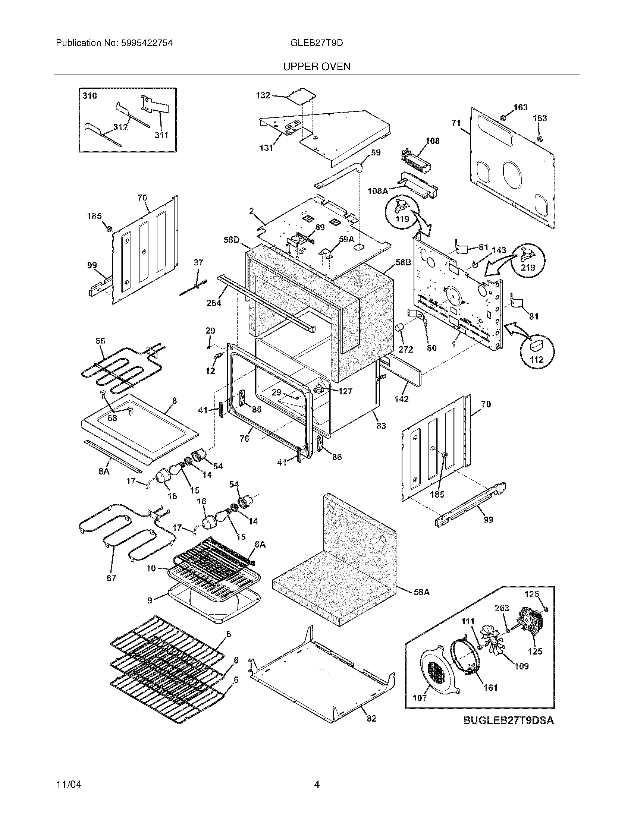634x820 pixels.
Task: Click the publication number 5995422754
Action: pos(147,43)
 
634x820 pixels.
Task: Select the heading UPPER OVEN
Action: pos(317,67)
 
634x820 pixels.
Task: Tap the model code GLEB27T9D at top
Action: pos(317,43)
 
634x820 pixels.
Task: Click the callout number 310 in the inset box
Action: pos(90,96)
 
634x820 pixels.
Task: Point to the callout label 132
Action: pos(263,95)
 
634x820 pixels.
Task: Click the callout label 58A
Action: pos(421,592)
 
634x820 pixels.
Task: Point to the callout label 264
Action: pos(214,303)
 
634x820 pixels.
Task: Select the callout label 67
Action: pos(112,578)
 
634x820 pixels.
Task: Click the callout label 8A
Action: pos(104,471)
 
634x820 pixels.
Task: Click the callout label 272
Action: pos(406,350)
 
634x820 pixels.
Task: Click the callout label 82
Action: pos(371,719)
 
